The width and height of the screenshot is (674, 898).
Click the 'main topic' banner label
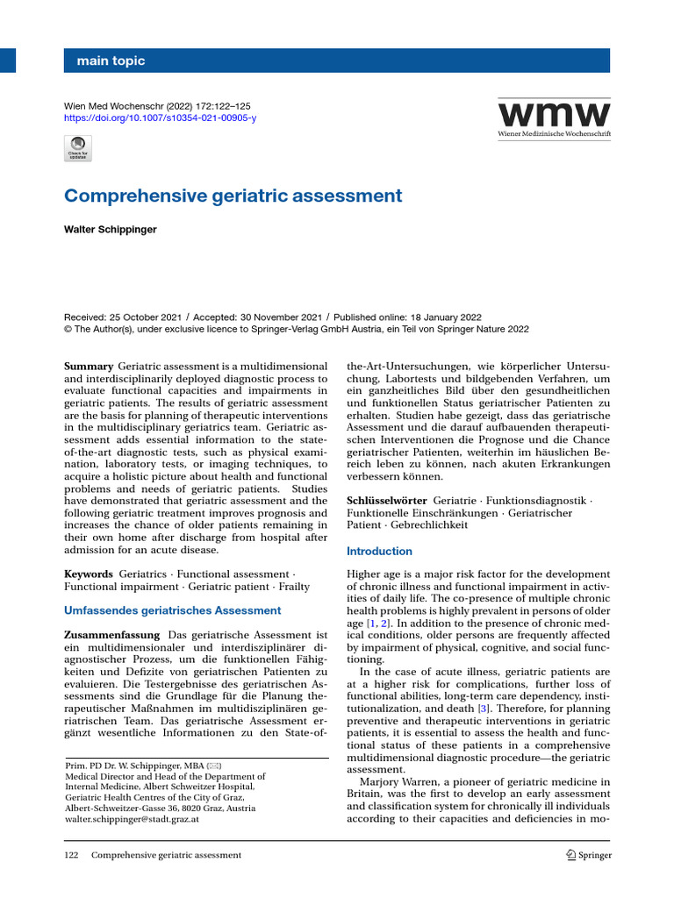tap(111, 61)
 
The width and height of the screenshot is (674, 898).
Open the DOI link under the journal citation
tap(161, 118)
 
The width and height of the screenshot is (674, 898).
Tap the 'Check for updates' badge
tap(78, 148)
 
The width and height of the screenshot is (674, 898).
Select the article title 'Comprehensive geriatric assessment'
tap(233, 196)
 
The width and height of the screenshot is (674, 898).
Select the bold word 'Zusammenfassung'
tap(112, 634)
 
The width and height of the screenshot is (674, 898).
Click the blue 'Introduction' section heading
tap(379, 551)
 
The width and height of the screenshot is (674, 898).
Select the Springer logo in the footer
tap(588, 855)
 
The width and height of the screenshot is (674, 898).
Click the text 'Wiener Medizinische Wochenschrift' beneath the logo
tap(554, 134)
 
